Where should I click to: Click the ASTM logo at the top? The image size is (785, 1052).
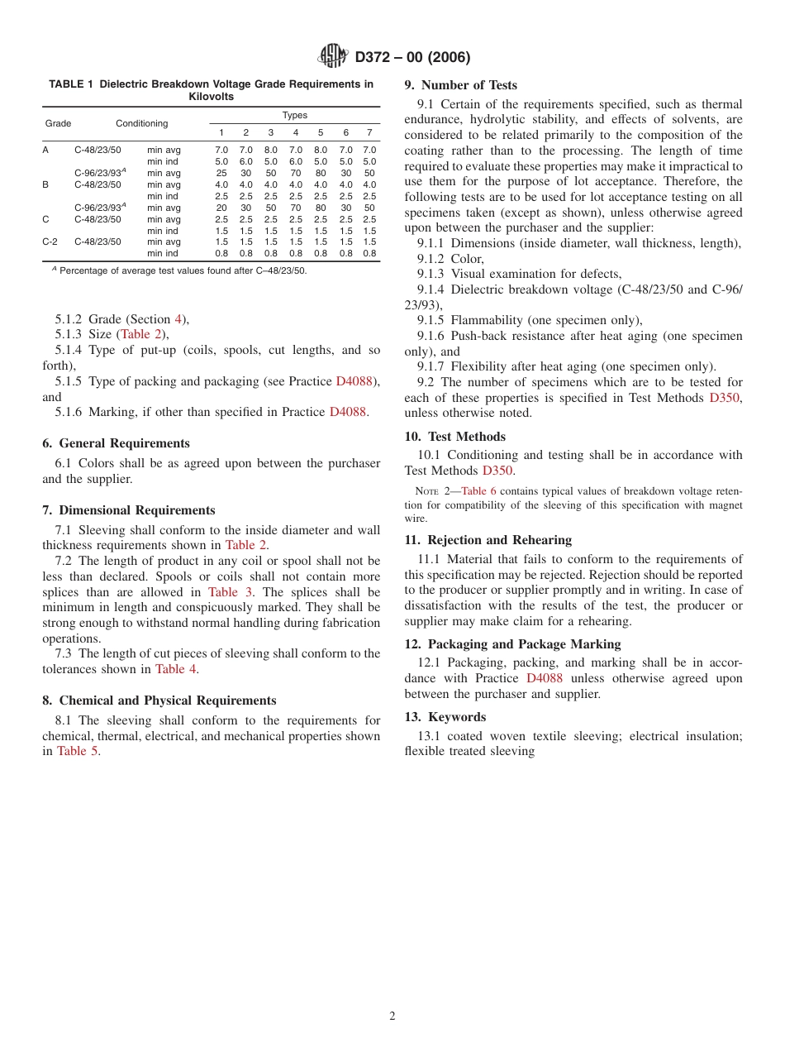coord(333,56)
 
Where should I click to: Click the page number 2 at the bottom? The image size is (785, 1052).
coord(392,1016)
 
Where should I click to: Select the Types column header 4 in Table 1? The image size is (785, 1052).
coord(295,132)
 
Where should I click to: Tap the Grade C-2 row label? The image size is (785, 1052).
coord(50,242)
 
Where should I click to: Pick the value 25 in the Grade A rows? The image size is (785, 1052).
coord(221,173)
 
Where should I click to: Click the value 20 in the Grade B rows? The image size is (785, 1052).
coord(221,208)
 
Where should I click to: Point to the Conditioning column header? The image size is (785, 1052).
coord(141,123)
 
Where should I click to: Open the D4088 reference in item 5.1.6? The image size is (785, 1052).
coord(347,412)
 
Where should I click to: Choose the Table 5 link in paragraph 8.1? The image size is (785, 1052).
coord(78,751)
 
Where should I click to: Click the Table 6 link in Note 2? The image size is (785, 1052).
coord(478,490)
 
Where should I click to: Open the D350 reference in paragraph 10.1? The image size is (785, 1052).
coord(497,471)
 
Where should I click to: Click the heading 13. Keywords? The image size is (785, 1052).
coord(445,716)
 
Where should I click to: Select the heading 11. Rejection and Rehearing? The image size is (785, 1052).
coord(488,540)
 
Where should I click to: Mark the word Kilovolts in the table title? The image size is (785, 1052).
coord(212,96)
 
